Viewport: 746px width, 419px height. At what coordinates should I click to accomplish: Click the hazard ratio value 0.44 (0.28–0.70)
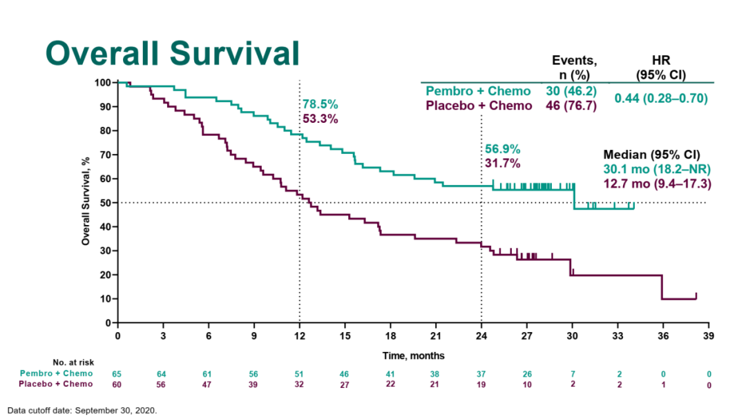pyautogui.click(x=661, y=99)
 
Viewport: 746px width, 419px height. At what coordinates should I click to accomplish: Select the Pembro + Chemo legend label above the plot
pyautogui.click(x=478, y=91)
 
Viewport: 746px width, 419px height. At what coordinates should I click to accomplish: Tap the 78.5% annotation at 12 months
pyautogui.click(x=320, y=104)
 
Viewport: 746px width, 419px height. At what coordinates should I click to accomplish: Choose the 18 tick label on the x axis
pyautogui.click(x=390, y=336)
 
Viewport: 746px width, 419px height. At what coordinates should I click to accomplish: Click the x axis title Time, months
pyautogui.click(x=414, y=355)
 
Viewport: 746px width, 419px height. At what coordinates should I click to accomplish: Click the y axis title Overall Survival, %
pyautogui.click(x=86, y=200)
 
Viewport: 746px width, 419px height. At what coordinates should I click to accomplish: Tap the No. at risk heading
pyautogui.click(x=73, y=362)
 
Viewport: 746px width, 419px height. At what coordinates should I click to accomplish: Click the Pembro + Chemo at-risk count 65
pyautogui.click(x=117, y=373)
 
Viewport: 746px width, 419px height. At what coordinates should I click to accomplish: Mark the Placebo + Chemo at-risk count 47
pyautogui.click(x=208, y=384)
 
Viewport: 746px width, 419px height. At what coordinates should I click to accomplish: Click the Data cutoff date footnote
pyautogui.click(x=82, y=410)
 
